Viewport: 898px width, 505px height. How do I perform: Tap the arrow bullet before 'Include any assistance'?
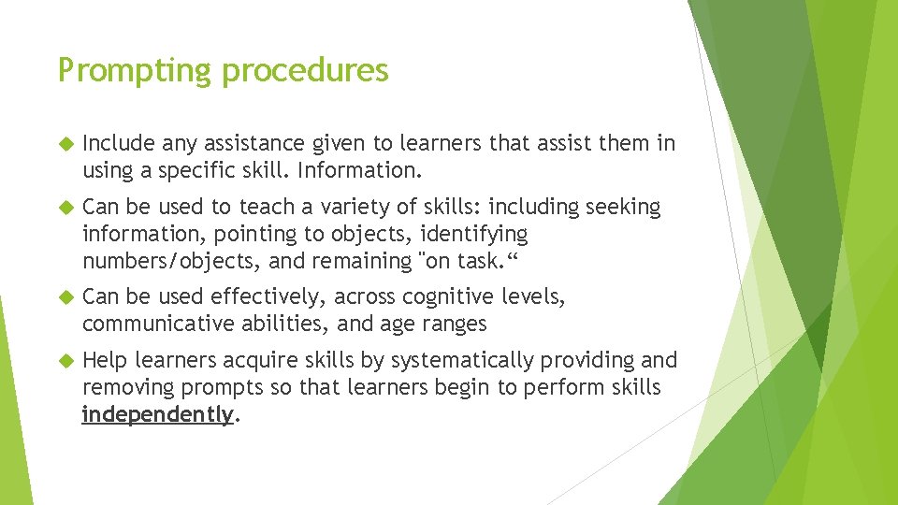tap(65, 144)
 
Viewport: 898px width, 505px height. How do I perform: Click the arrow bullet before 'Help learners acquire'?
tap(65, 361)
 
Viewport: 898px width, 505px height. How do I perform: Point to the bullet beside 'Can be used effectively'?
tap(65, 297)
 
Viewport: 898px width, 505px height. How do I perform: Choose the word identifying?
tap(475, 233)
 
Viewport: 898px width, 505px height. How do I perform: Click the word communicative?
tap(152, 324)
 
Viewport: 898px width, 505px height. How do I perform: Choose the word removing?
tap(123, 387)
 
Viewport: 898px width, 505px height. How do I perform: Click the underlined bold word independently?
tap(156, 414)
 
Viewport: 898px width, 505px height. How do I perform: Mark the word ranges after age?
tap(455, 324)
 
